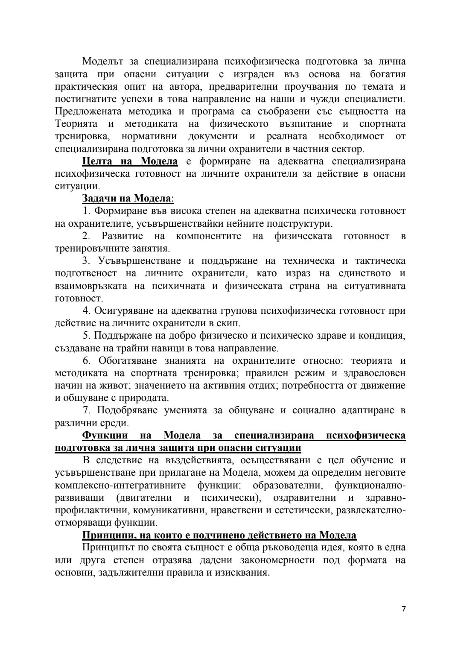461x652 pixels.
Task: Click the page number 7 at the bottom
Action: pos(403,609)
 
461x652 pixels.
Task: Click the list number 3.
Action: pos(85,261)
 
